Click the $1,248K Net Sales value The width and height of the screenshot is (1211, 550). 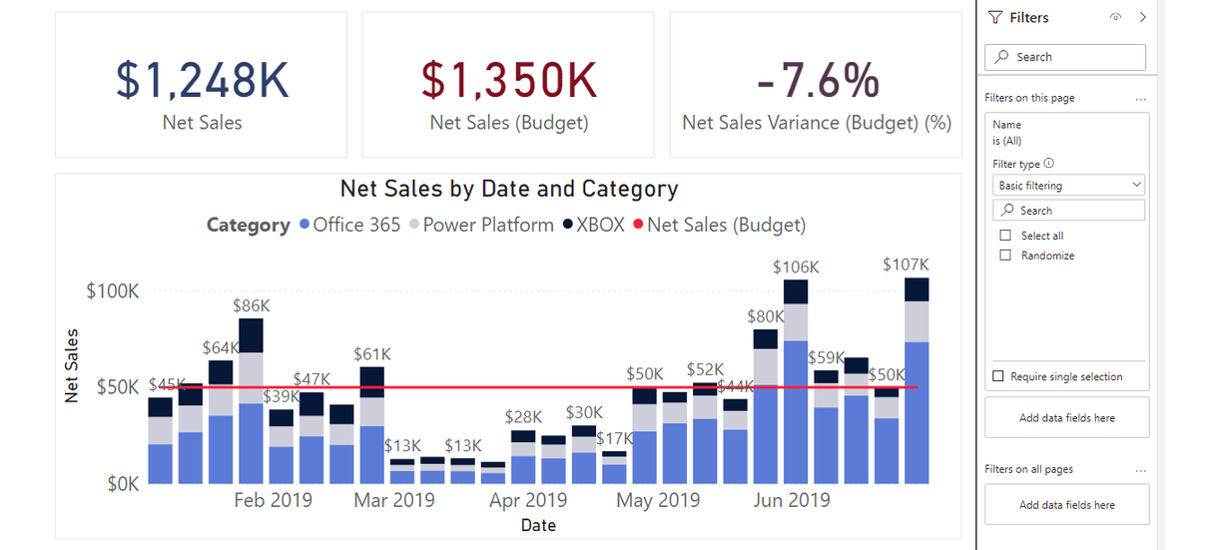click(202, 81)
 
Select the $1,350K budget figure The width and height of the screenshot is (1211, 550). click(508, 81)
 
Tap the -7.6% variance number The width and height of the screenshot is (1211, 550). click(818, 81)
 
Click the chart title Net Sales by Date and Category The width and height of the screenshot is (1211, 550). click(508, 189)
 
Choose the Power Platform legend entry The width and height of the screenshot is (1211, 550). click(487, 225)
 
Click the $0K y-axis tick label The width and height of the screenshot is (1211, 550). click(123, 484)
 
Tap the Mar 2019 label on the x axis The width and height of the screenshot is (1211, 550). click(394, 500)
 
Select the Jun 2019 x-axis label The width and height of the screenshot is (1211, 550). click(790, 500)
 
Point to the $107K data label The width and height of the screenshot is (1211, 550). click(906, 265)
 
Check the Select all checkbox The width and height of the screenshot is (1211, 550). click(1005, 236)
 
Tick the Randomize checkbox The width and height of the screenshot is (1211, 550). click(1005, 256)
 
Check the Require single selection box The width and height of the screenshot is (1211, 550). click(998, 376)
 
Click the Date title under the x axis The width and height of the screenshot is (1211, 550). click(537, 525)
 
